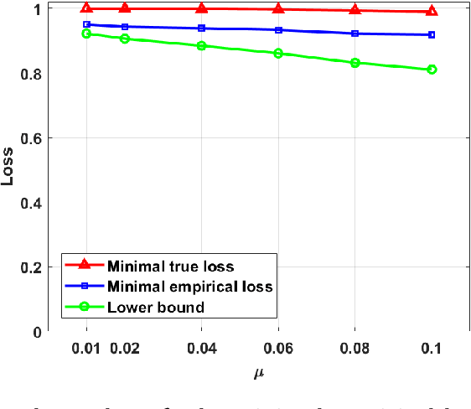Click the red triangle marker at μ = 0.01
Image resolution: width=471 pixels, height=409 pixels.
pos(86,8)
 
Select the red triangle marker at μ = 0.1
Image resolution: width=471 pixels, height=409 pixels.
pos(432,11)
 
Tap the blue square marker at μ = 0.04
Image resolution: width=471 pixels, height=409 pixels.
pos(201,28)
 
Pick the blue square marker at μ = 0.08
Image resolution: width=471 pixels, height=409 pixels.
pos(355,34)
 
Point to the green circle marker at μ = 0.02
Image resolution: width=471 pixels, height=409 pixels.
pos(125,39)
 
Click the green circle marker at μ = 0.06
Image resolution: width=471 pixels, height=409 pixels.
pos(278,54)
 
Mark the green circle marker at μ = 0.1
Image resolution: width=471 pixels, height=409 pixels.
pos(432,70)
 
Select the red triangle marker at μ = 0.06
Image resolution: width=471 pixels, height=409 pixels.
pos(278,9)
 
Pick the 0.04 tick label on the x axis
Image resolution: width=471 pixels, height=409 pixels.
pos(201,347)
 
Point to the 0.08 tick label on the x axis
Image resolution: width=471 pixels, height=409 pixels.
pos(355,347)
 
